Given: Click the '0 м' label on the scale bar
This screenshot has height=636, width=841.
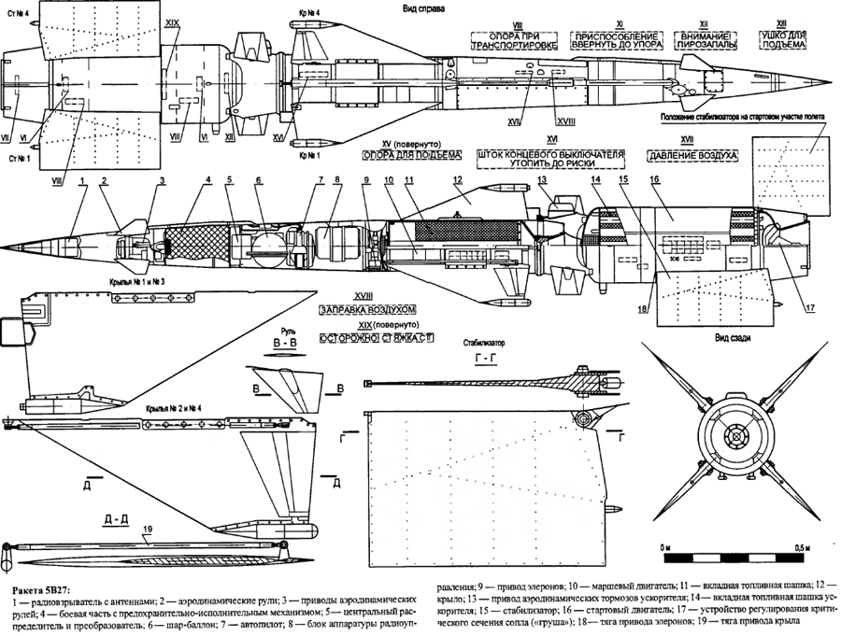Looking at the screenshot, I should (x=666, y=544).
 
